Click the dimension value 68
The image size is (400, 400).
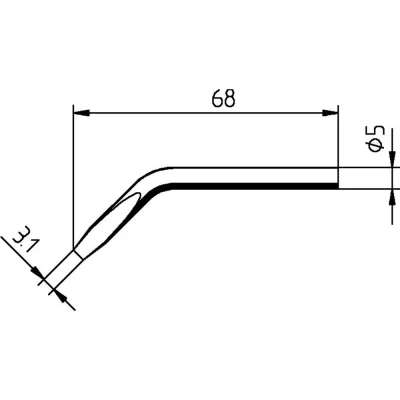(x=223, y=98)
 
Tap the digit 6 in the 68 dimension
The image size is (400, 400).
(x=216, y=98)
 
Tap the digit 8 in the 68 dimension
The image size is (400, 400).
(x=230, y=98)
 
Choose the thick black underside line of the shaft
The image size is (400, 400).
(x=260, y=186)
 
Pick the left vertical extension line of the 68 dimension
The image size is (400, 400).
(x=75, y=170)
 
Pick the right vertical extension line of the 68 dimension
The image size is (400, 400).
(x=337, y=140)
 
